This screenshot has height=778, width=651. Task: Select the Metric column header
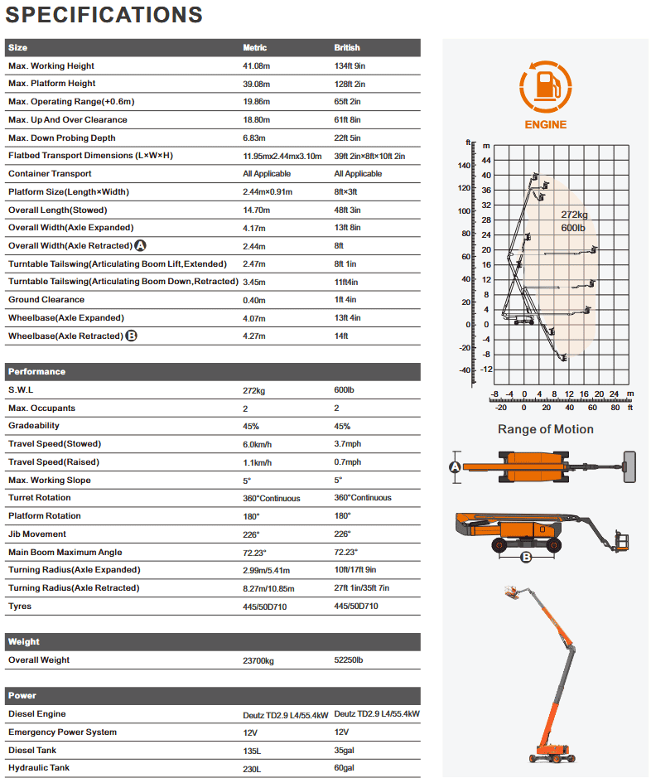tap(255, 48)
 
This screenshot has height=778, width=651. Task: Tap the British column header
tap(347, 48)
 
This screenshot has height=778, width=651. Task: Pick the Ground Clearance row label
tap(46, 300)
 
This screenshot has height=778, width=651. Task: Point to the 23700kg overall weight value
tap(260, 660)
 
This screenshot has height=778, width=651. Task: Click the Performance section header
tap(36, 372)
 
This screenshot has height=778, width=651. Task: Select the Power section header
tap(22, 696)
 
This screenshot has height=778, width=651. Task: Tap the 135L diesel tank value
tap(252, 751)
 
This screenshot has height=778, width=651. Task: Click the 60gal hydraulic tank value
tap(345, 769)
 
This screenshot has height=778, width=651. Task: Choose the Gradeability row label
tap(34, 426)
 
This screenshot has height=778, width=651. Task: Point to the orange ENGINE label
tap(546, 125)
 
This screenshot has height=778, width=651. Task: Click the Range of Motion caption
tap(546, 429)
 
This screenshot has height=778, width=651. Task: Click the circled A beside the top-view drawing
tap(454, 467)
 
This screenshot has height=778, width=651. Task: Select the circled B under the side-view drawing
tap(525, 557)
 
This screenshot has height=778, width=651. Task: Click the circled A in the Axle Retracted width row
tap(140, 246)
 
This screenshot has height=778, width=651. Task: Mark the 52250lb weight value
tap(350, 660)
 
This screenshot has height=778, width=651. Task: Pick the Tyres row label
tap(20, 606)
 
